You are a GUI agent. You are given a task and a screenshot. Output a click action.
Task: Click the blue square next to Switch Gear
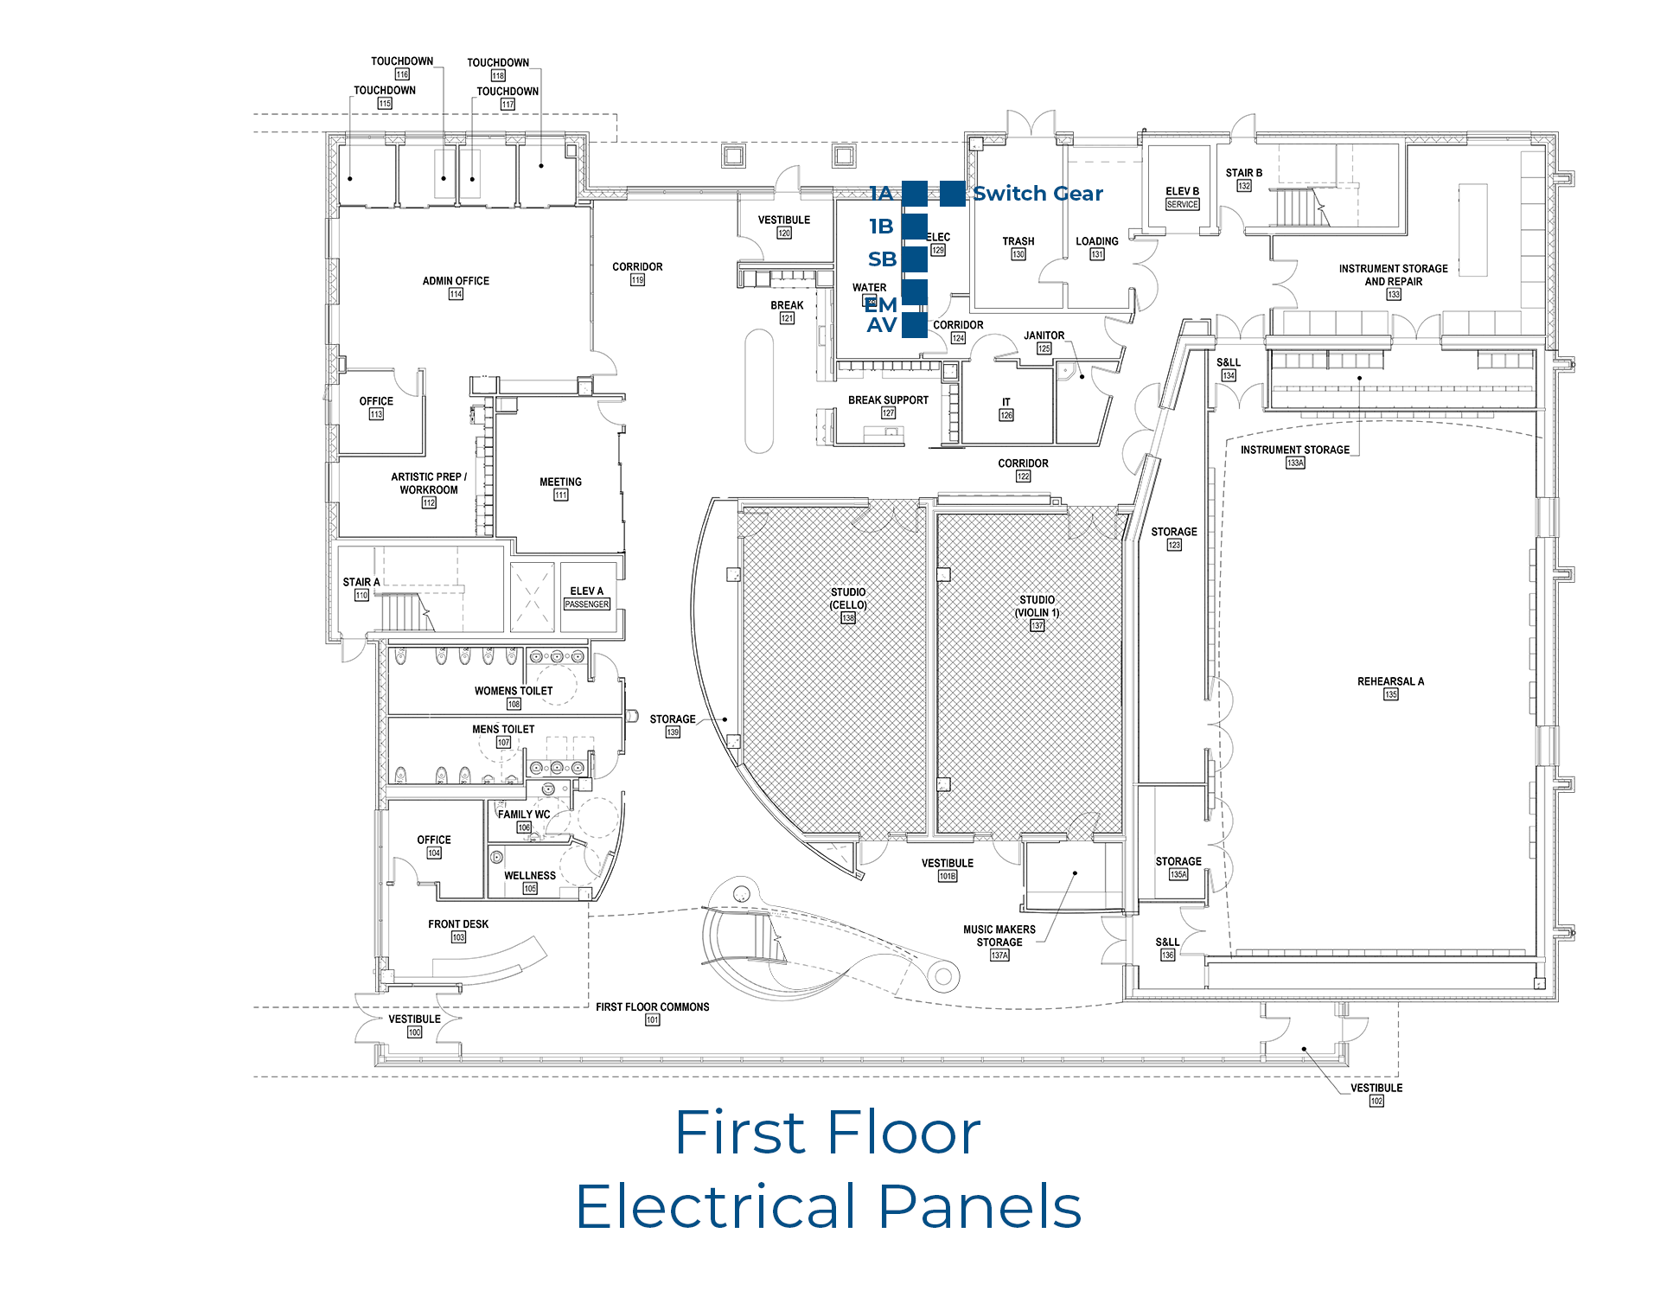(x=952, y=194)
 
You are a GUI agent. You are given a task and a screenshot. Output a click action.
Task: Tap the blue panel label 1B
(x=881, y=227)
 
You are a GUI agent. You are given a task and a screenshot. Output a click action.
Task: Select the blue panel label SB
(x=882, y=259)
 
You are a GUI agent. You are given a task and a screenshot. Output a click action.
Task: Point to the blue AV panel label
(x=881, y=325)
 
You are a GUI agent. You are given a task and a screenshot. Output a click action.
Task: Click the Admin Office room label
(x=456, y=281)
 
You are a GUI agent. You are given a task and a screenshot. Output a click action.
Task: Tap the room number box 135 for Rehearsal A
(x=1390, y=694)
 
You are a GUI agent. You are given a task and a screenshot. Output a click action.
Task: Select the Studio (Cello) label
(x=848, y=598)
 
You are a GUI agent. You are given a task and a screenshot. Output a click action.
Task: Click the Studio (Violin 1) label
(x=1037, y=606)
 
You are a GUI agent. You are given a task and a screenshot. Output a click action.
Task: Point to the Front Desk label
(x=458, y=924)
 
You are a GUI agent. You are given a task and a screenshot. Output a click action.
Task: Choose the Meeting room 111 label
(x=560, y=482)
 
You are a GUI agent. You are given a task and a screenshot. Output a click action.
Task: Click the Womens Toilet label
(x=514, y=691)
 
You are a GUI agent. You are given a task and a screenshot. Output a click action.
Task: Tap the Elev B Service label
(x=1182, y=197)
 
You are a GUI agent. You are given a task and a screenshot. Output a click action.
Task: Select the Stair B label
(x=1243, y=173)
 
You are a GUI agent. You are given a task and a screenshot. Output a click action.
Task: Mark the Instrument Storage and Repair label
(x=1393, y=275)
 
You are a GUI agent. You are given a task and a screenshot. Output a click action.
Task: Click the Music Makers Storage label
(x=999, y=936)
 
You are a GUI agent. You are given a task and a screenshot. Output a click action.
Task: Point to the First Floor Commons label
(x=652, y=1007)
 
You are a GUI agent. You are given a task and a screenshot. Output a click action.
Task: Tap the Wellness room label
(x=530, y=876)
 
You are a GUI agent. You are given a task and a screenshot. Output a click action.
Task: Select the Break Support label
(x=888, y=400)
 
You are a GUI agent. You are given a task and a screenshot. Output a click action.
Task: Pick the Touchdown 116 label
(x=402, y=61)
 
